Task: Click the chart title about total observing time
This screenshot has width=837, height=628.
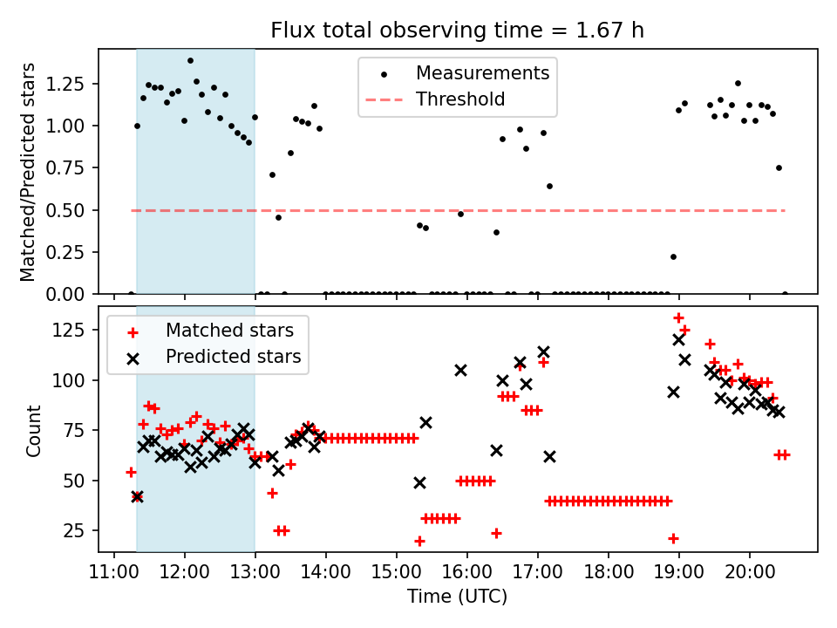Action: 458,31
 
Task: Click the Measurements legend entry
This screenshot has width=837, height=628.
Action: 482,73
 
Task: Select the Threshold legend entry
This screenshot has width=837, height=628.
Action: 460,99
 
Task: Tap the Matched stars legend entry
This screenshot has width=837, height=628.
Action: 229,331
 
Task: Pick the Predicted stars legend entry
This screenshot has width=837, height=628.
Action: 233,357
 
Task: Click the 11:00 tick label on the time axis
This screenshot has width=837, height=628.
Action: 114,575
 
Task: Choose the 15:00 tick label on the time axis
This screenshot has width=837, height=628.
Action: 397,575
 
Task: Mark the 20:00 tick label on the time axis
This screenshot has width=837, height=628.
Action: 750,575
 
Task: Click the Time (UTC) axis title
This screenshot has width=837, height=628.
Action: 457,597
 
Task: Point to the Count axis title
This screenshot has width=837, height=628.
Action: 34,430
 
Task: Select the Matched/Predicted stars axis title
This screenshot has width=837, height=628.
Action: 29,172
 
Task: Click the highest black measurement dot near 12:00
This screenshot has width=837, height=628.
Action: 190,61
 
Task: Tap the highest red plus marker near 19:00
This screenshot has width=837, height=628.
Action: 678,318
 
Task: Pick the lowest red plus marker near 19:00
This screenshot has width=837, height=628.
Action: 673,538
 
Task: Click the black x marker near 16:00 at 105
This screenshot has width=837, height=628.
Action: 460,370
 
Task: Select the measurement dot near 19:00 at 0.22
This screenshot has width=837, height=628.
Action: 673,256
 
